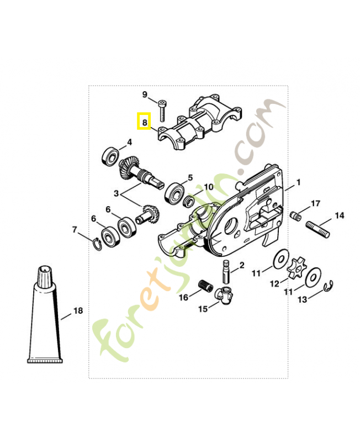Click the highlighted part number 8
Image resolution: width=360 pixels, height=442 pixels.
tap(145, 123)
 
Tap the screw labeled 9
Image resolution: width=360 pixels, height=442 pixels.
tap(162, 110)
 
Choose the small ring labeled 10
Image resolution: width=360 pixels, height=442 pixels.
tap(188, 202)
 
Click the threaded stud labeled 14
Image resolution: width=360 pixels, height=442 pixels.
tap(317, 229)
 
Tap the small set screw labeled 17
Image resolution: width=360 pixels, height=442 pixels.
tap(295, 217)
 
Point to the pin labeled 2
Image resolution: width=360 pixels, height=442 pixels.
tap(226, 271)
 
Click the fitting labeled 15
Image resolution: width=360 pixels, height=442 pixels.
tap(225, 295)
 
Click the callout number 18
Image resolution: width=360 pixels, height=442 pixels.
tap(78, 311)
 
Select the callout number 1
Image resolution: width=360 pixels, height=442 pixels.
tap(298, 182)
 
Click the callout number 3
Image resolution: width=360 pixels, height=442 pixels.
tap(117, 194)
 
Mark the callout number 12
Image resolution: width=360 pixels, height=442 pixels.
tap(274, 283)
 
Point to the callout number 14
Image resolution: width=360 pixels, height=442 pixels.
tap(340, 215)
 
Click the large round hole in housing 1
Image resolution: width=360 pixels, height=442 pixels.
tap(231, 225)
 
